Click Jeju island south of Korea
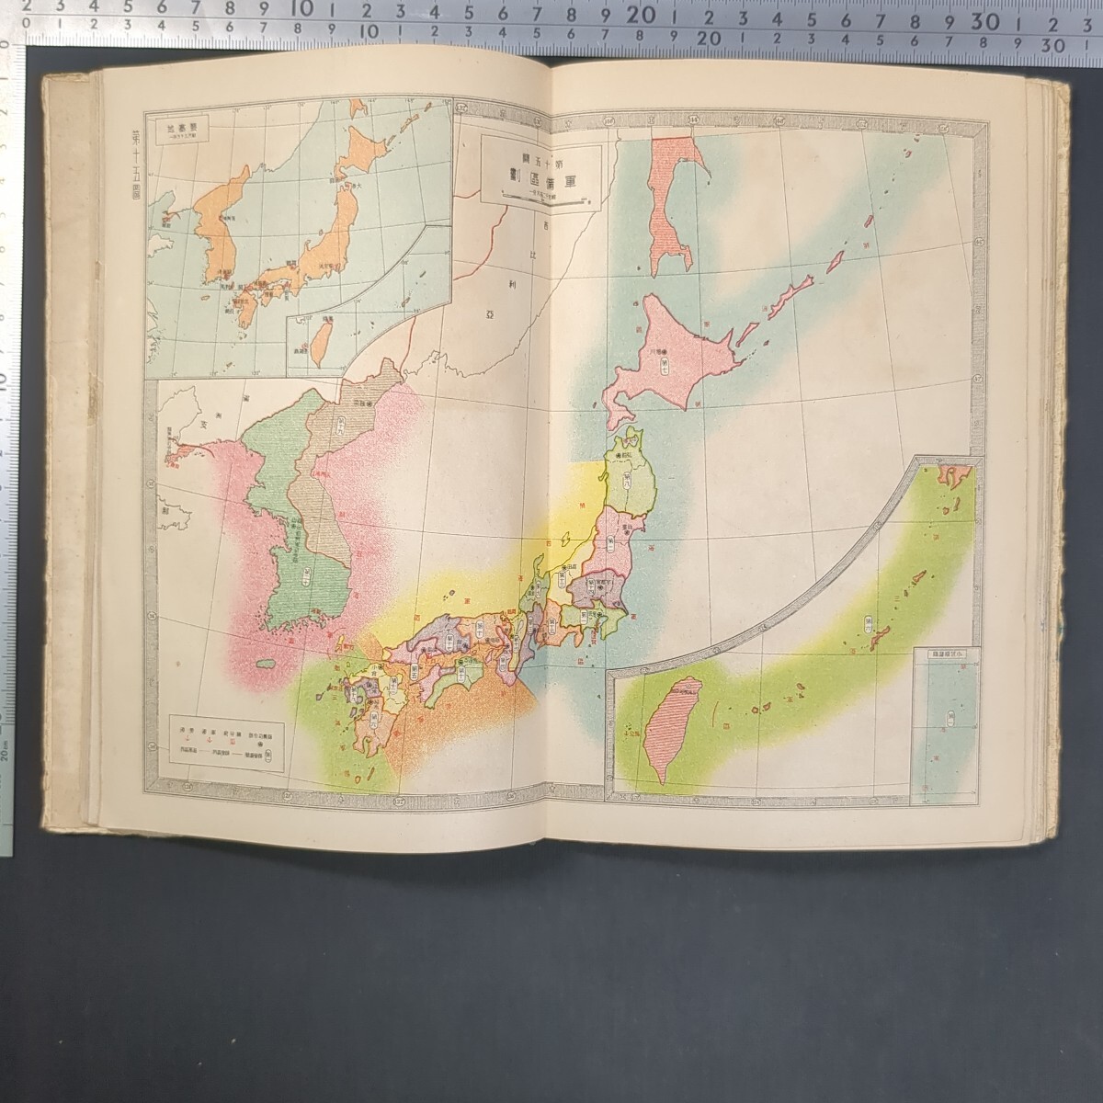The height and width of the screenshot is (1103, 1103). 267,664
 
